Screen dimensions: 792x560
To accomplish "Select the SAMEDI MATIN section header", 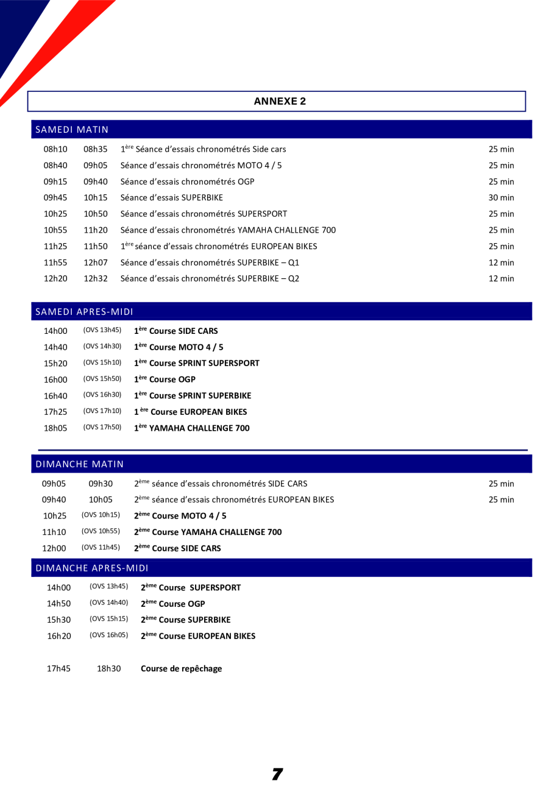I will point(72,130).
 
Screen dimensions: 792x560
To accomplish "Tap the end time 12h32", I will point(95,278).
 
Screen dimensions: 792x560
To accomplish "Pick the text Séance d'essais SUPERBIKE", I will point(172,197).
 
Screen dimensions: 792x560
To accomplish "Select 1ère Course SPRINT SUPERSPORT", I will point(197,363).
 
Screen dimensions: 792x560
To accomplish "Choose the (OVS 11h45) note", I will point(101,531).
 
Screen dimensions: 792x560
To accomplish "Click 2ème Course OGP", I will point(172,604).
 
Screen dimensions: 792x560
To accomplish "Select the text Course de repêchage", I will point(181,668).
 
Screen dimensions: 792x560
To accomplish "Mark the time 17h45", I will point(58,668).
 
